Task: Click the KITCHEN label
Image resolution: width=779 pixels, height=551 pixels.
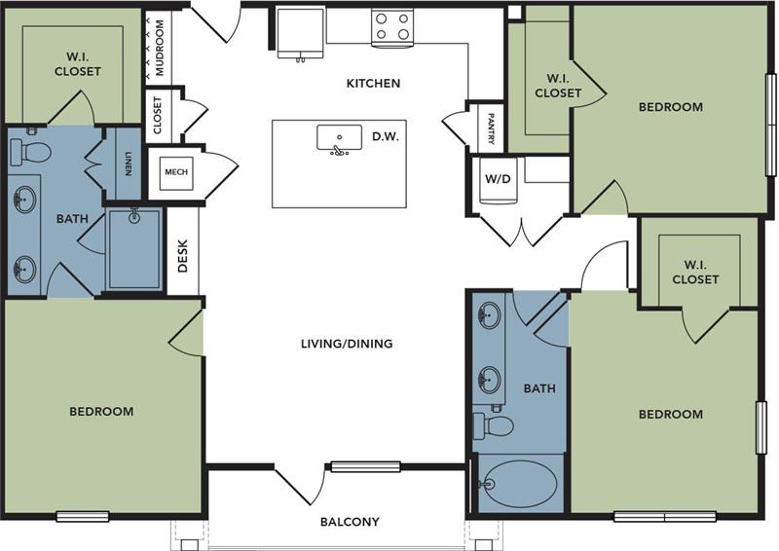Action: (373, 84)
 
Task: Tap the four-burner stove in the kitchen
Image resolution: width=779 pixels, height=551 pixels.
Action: (391, 26)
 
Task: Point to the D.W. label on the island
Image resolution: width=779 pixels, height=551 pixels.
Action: (385, 137)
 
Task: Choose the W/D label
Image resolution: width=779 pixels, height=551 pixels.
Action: (498, 179)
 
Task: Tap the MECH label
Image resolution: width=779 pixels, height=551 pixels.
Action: (176, 172)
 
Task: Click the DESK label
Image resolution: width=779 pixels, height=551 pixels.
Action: (182, 255)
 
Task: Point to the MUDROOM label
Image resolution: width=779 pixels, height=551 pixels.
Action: (160, 47)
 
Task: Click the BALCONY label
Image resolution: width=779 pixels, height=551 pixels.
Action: (350, 522)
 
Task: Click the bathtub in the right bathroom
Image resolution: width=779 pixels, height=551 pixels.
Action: (521, 483)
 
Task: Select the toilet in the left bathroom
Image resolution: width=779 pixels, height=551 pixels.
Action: (31, 151)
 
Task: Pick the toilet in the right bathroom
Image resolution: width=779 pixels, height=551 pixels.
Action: (494, 425)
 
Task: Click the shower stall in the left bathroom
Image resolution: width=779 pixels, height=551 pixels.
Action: (134, 248)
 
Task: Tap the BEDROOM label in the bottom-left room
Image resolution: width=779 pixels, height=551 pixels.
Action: (101, 412)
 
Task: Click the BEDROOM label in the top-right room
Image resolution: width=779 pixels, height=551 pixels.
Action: (670, 107)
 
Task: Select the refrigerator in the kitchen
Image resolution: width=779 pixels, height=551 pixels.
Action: (300, 34)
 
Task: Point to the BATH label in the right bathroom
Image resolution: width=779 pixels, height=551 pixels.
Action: (539, 388)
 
